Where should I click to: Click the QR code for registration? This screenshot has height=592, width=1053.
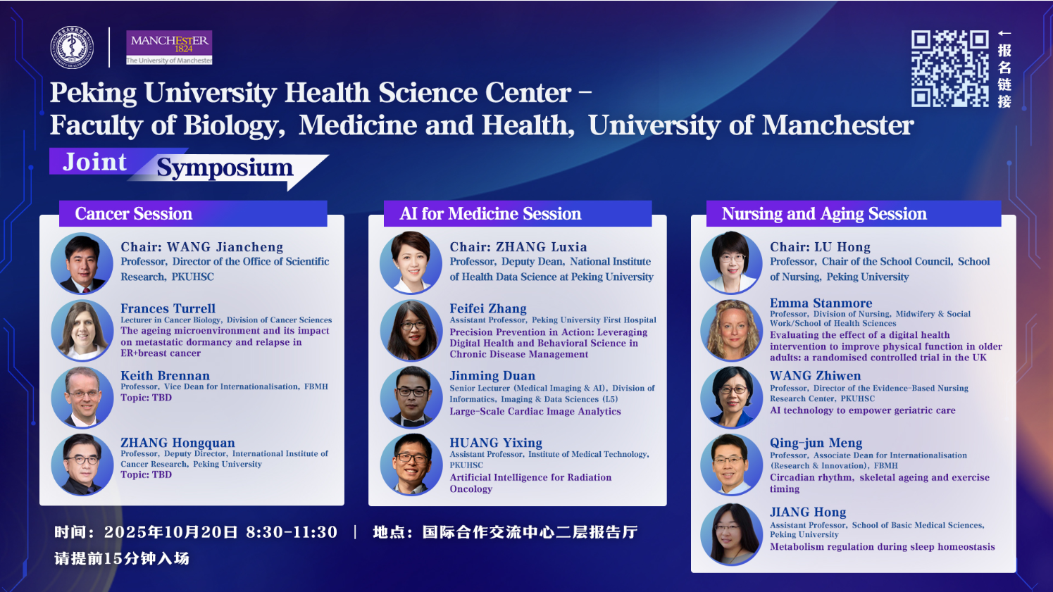click(950, 68)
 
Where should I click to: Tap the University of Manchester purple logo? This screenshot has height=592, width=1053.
click(169, 47)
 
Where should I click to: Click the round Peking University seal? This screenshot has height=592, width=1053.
click(72, 47)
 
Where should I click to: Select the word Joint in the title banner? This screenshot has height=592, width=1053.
click(94, 162)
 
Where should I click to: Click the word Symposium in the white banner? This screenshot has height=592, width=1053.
click(225, 168)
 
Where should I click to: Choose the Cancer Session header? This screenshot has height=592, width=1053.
click(134, 214)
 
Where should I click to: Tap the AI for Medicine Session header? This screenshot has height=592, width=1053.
click(490, 214)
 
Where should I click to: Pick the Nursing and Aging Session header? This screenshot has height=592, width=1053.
click(824, 214)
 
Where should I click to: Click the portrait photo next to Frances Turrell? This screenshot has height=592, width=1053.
click(82, 330)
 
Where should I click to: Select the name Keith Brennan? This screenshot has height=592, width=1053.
click(165, 375)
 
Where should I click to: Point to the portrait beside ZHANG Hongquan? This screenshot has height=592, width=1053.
click(82, 464)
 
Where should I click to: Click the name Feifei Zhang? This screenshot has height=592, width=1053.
click(488, 308)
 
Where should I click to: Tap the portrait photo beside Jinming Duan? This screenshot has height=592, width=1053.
click(411, 397)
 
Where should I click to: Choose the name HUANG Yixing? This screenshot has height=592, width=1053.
click(496, 443)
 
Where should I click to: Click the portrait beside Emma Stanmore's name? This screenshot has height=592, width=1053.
click(731, 330)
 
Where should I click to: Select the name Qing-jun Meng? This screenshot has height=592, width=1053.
click(816, 443)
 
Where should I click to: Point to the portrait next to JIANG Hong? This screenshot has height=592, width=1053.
click(731, 534)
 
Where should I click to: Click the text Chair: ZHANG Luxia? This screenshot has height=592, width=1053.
click(518, 246)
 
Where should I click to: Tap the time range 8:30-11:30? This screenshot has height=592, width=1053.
click(292, 532)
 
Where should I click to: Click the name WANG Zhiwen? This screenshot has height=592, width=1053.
click(815, 375)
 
